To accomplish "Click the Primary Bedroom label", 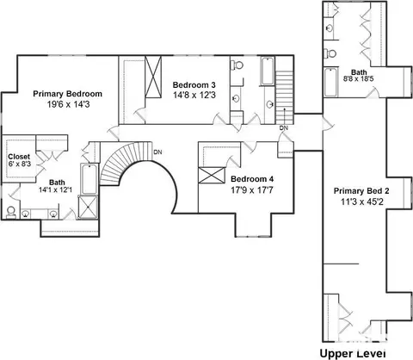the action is [x=67, y=94].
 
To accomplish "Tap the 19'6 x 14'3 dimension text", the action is [x=68, y=104].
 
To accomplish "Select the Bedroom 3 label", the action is [x=194, y=85].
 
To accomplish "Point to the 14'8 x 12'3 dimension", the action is [x=194, y=95].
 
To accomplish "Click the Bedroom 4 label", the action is [x=252, y=179].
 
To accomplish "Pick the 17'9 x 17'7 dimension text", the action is [x=252, y=189].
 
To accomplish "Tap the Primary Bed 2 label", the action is [x=361, y=191].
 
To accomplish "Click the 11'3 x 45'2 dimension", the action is [x=362, y=202].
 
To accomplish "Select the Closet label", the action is [x=19, y=157].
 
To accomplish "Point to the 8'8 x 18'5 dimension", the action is [x=359, y=78].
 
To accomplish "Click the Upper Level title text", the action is [x=353, y=353].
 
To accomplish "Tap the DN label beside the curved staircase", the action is [x=157, y=152].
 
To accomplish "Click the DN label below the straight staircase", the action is [x=284, y=128].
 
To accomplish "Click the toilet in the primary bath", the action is [x=11, y=212].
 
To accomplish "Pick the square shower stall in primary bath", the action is [x=88, y=208].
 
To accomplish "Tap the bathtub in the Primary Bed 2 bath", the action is [x=330, y=82].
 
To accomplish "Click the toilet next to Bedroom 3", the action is [x=237, y=65].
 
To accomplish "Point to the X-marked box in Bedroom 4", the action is [x=212, y=175].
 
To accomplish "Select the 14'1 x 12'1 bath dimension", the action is [x=56, y=189].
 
